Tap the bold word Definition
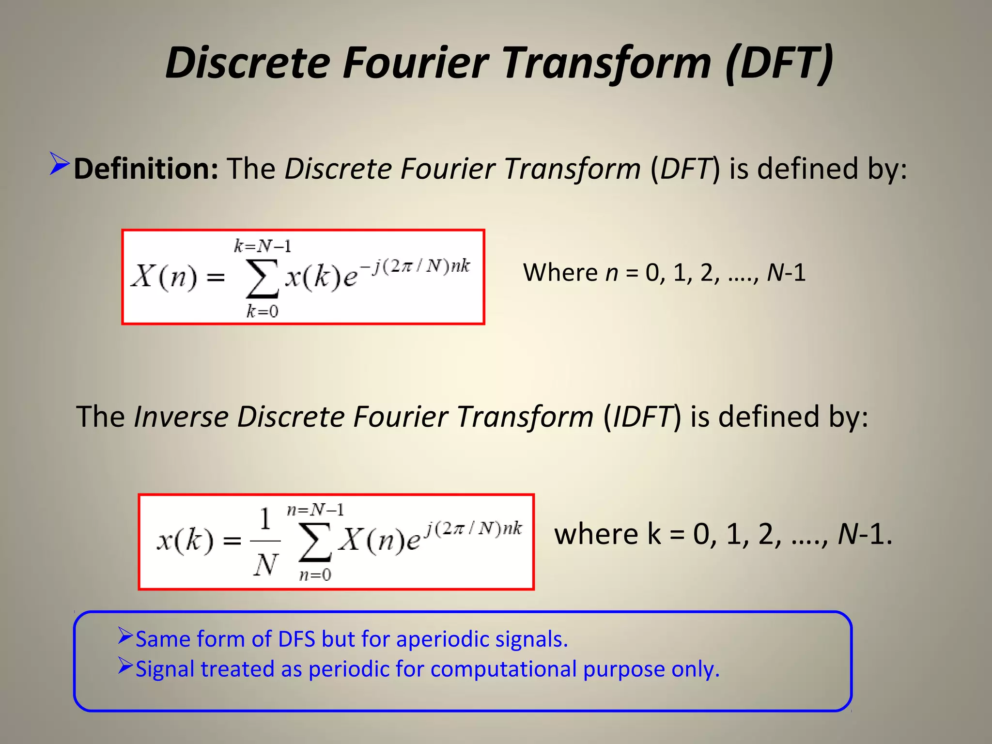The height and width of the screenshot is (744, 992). point(146,169)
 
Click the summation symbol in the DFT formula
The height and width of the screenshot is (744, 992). point(262,279)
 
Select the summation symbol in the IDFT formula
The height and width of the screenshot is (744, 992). point(315,542)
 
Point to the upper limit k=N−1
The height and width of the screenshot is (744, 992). point(263,247)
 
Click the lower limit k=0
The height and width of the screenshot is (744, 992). point(263,311)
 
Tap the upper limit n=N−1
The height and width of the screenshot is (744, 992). point(315,510)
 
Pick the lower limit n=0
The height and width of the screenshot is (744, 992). point(315,575)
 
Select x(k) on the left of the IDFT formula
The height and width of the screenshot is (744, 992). point(185,540)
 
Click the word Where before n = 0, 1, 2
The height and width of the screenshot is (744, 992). point(560,272)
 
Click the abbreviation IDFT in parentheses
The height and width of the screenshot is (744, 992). point(642,417)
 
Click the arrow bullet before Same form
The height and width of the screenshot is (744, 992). point(125,635)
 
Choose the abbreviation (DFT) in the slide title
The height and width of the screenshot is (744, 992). point(779,62)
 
